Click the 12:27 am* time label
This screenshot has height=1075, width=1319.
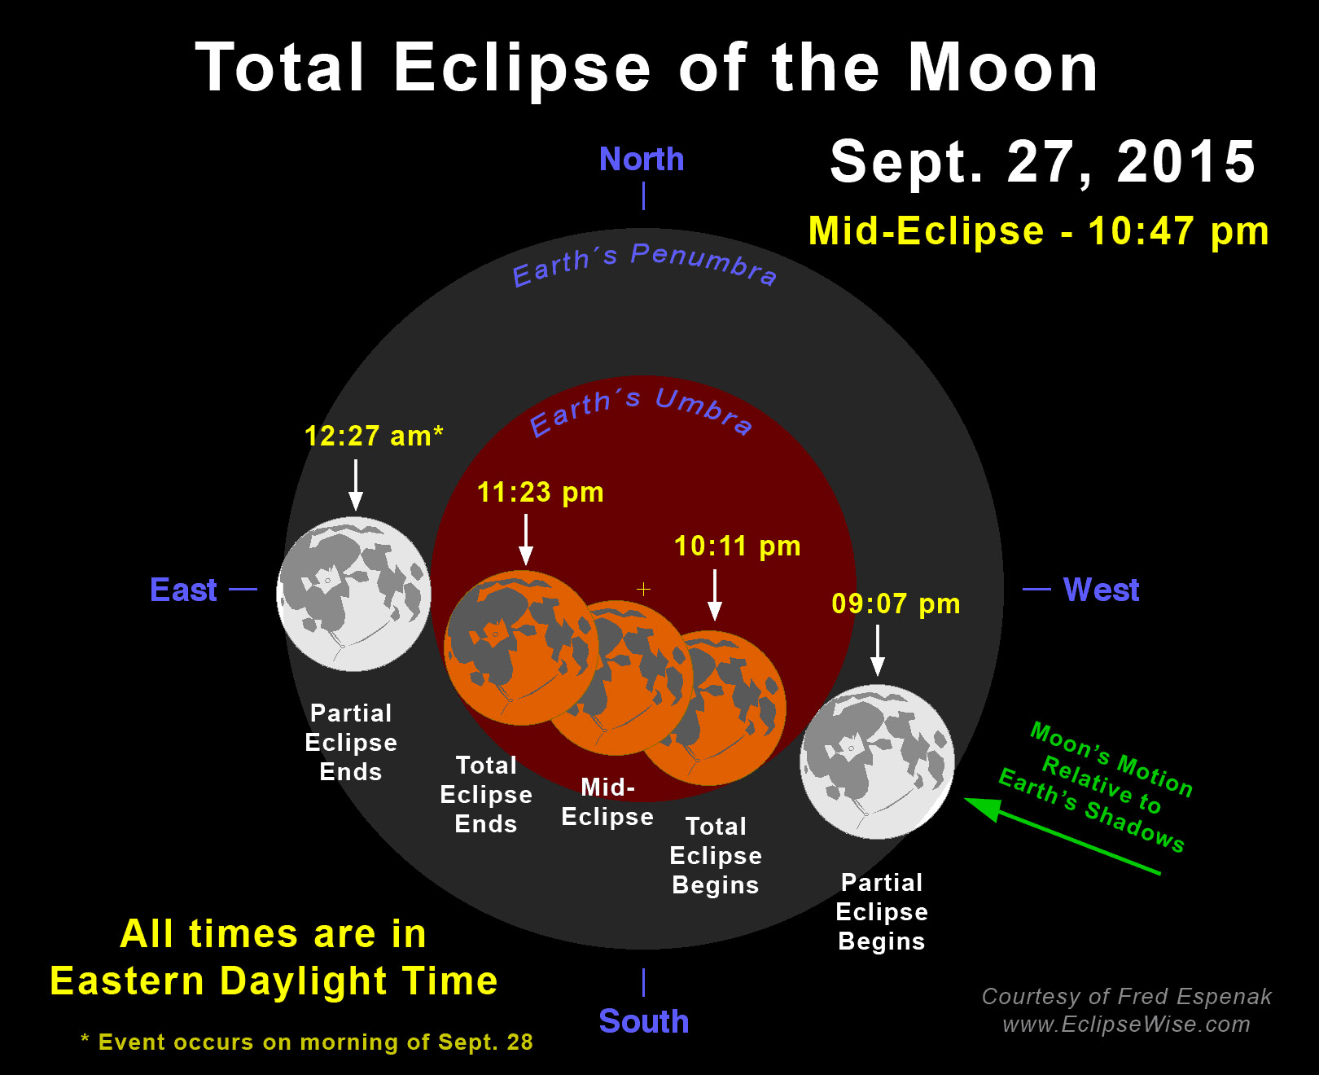tap(374, 436)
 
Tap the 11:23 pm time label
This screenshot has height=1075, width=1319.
tap(540, 492)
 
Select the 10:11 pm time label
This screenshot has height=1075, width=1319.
tap(737, 546)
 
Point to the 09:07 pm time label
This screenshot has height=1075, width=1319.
tap(896, 603)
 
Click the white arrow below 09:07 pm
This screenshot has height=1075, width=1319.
tap(878, 650)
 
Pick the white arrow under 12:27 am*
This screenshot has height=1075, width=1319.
tap(356, 485)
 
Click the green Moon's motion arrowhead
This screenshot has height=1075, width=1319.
tap(984, 808)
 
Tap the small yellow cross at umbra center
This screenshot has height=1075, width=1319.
tap(643, 589)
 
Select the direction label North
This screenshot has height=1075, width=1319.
tap(642, 159)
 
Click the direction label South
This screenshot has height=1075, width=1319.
tap(644, 1020)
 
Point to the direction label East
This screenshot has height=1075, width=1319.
tap(183, 590)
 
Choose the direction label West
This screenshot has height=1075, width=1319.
tap(1101, 590)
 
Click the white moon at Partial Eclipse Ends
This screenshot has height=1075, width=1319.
tap(353, 594)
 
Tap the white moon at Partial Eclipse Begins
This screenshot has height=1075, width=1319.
tap(877, 761)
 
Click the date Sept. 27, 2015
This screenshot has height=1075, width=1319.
tap(1043, 162)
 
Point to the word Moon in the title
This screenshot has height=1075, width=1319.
tap(1002, 68)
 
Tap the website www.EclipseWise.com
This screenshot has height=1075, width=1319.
tap(1126, 1025)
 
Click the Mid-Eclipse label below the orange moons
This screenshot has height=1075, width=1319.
tap(607, 802)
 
